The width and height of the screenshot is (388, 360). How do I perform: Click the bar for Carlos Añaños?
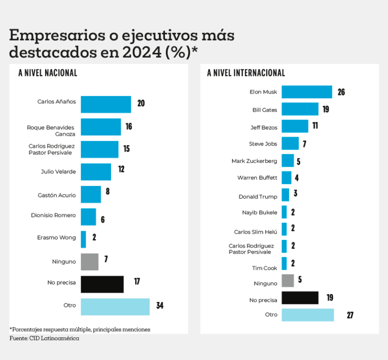click(106, 104)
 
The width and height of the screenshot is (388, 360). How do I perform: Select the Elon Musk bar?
click(307, 92)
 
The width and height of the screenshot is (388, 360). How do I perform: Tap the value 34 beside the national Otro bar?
click(160, 307)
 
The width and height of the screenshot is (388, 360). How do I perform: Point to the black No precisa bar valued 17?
click(102, 284)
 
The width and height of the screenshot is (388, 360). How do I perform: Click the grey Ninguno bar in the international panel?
click(288, 281)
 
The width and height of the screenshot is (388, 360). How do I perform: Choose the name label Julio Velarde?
click(58, 172)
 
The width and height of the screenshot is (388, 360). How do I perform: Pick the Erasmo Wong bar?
click(83, 239)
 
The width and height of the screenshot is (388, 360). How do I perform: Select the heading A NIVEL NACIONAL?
click(48, 73)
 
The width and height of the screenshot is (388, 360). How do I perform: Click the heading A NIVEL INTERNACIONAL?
click(246, 73)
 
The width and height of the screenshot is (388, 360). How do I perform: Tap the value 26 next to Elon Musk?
click(341, 92)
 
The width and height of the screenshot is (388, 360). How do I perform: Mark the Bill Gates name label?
click(265, 110)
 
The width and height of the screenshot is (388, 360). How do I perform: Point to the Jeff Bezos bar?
click(295, 126)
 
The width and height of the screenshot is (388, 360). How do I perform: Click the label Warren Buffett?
click(257, 178)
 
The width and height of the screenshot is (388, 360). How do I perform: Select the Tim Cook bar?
click(284, 264)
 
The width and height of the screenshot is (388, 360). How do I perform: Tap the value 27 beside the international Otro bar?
click(350, 315)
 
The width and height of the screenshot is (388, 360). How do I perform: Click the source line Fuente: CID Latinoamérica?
click(44, 338)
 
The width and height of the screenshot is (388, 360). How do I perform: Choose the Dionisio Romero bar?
click(88, 217)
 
